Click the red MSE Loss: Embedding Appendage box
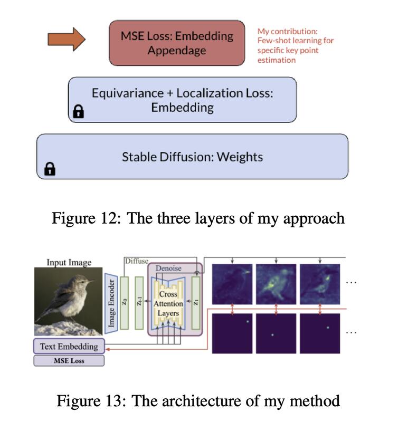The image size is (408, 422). click(177, 43)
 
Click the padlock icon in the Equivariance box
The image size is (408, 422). click(78, 111)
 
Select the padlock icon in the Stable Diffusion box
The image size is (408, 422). click(50, 169)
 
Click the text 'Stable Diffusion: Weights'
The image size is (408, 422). click(192, 157)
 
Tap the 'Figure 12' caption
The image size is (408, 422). click(198, 218)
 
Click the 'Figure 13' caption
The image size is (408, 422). click(198, 401)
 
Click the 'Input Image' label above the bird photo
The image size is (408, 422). click(69, 262)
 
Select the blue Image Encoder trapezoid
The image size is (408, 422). click(111, 303)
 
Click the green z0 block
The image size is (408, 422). click(125, 303)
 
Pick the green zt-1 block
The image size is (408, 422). click(139, 303)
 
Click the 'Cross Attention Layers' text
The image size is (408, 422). click(168, 304)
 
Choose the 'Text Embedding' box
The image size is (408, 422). click(69, 347)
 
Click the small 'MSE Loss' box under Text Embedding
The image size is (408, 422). click(69, 361)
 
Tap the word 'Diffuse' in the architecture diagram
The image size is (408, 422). click(137, 261)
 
